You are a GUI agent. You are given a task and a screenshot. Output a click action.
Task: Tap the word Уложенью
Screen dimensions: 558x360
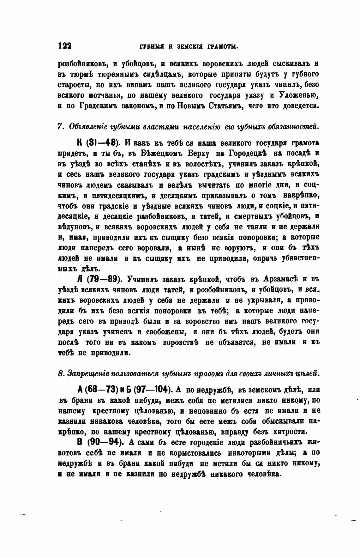pyautogui.click(x=300, y=95)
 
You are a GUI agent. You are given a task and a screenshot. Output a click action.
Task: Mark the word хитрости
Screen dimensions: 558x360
pyautogui.click(x=288, y=431)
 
